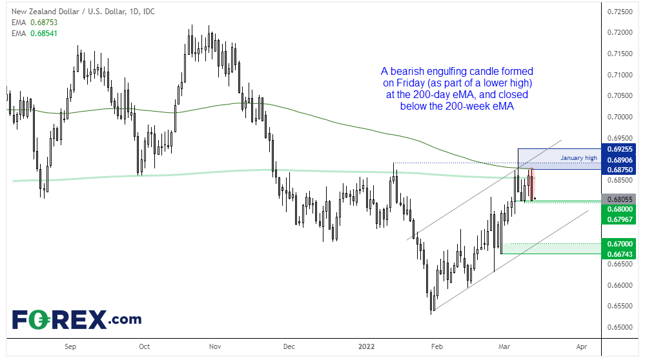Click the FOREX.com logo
pos(76,319)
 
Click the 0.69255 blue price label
pos(619,148)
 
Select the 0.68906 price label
pos(619,158)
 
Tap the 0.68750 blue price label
pos(619,168)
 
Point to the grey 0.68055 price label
pos(619,199)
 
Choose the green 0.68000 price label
pos(619,209)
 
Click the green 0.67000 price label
pos(619,243)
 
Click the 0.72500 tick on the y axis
pos(619,12)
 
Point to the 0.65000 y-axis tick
pos(619,326)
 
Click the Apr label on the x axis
pos(581,346)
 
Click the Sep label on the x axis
pos(70,346)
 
